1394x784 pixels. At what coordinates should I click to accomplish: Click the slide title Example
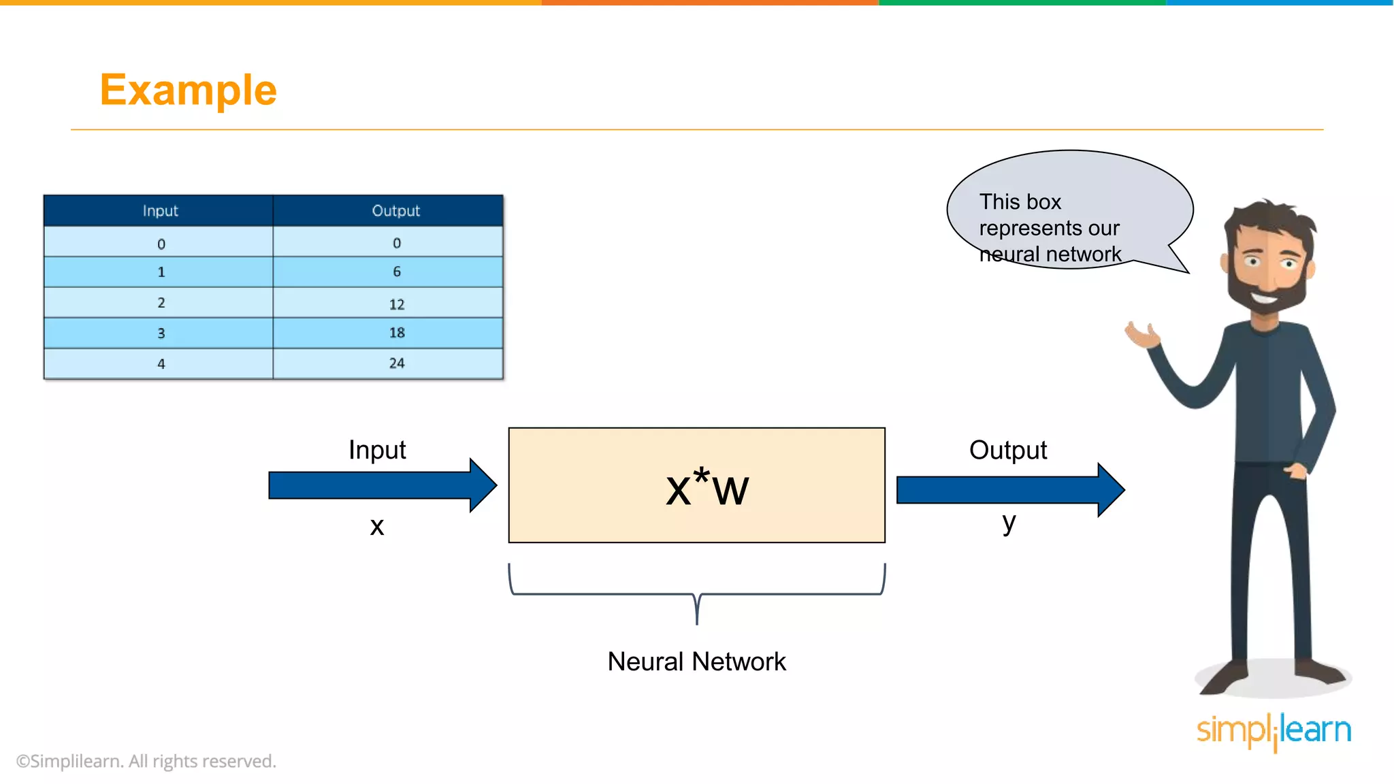tap(188, 90)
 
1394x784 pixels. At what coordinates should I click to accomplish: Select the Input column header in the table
tap(160, 211)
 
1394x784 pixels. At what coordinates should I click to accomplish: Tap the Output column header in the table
tap(395, 211)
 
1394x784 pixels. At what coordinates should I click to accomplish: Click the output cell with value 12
tap(396, 304)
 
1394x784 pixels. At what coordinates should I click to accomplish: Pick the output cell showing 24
tap(396, 363)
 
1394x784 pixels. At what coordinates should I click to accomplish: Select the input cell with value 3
tap(161, 333)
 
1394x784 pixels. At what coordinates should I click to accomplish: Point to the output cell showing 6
tap(396, 272)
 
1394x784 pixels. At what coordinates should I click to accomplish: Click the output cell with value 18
tap(396, 333)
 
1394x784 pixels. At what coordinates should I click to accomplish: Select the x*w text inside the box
tap(707, 487)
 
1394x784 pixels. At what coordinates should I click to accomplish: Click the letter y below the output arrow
tap(1009, 523)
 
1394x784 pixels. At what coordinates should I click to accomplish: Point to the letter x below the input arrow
tap(376, 526)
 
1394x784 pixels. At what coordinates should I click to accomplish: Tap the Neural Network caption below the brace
tap(696, 661)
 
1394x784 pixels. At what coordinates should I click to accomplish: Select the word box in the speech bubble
tap(1043, 202)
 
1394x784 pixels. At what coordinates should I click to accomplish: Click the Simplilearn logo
tap(1274, 731)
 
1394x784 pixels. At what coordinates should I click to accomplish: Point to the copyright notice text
tap(146, 761)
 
